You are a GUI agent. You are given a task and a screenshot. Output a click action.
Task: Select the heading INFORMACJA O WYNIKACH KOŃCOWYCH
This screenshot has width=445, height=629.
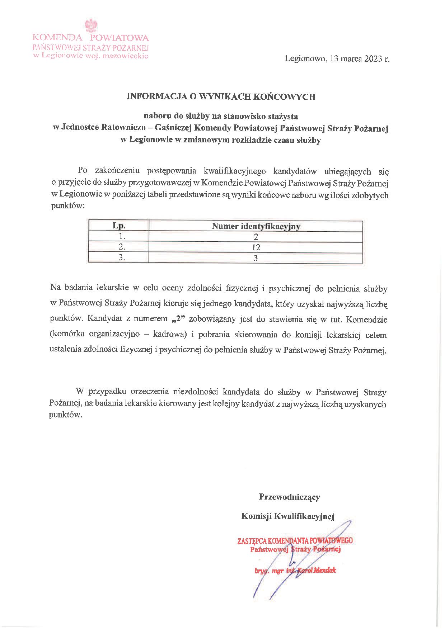[x=221, y=96]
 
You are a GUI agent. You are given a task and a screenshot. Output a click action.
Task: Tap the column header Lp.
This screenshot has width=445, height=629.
[x=119, y=226]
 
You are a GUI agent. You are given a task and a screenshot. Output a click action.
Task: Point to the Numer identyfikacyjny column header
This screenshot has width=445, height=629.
[x=256, y=226]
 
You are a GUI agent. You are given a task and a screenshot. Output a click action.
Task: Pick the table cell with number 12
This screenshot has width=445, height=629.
[x=256, y=247]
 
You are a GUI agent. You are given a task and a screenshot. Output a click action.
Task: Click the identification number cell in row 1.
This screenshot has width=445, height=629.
[x=256, y=237]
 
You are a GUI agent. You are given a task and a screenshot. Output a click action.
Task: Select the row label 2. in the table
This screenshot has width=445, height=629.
[x=122, y=247]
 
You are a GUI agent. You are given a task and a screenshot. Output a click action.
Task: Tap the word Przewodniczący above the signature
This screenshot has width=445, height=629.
[x=289, y=497]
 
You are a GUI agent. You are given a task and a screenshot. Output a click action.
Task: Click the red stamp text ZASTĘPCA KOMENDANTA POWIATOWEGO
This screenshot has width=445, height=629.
[x=295, y=541]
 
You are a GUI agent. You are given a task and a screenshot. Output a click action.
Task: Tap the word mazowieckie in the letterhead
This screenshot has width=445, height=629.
[x=125, y=56]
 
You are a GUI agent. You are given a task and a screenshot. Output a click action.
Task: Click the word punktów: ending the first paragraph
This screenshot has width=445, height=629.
[x=68, y=206]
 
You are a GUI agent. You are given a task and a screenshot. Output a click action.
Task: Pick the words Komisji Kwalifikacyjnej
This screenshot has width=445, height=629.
[x=287, y=516]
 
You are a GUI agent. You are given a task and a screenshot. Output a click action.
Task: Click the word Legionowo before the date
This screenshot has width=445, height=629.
[x=305, y=59]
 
